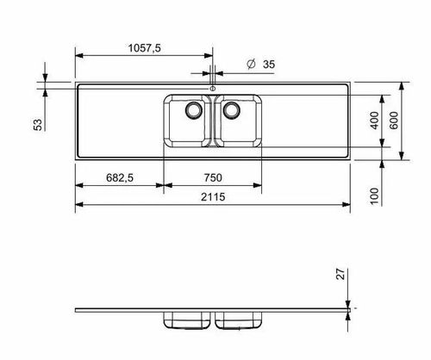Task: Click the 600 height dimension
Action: [394, 121]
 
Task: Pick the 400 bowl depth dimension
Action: [374, 121]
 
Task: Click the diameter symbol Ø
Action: [249, 65]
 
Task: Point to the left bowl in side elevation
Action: [186, 320]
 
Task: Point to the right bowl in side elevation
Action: [239, 320]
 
